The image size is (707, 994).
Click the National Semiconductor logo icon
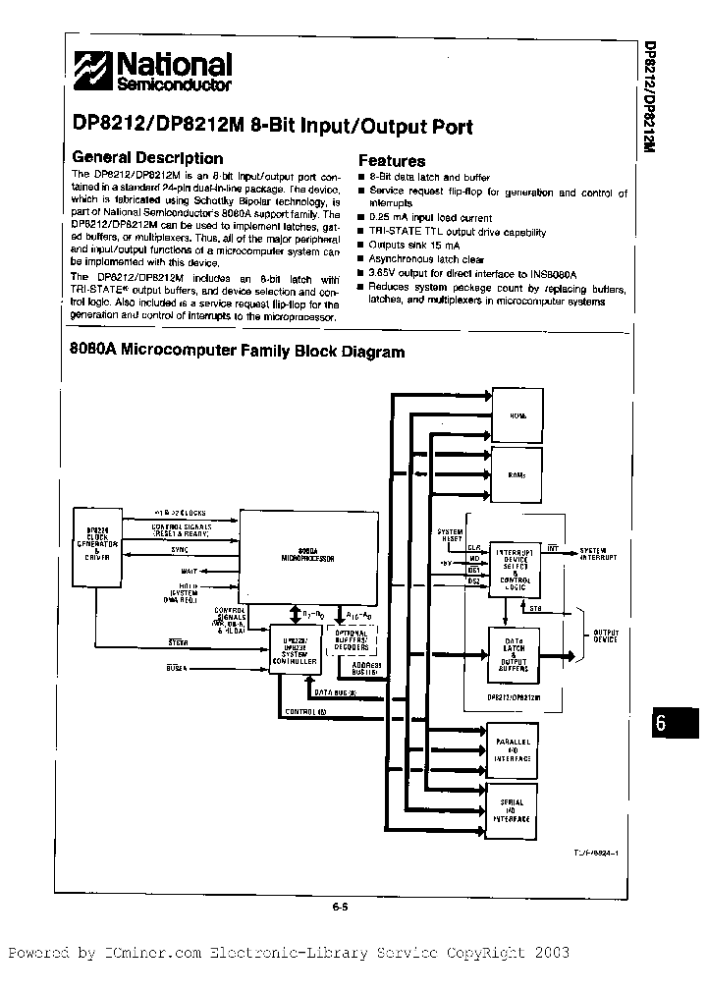pyautogui.click(x=96, y=71)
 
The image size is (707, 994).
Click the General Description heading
pyautogui.click(x=148, y=158)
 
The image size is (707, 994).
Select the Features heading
pyautogui.click(x=392, y=161)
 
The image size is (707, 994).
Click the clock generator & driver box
pyautogui.click(x=98, y=542)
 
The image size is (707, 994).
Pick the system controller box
pyautogui.click(x=295, y=649)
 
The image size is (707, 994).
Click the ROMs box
pyautogui.click(x=517, y=474)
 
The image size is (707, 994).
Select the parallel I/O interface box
pyautogui.click(x=512, y=751)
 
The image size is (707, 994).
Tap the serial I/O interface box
pyautogui.click(x=512, y=811)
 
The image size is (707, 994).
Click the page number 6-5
pyautogui.click(x=341, y=907)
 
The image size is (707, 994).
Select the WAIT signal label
pyautogui.click(x=190, y=570)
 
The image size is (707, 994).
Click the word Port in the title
pyautogui.click(x=448, y=127)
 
